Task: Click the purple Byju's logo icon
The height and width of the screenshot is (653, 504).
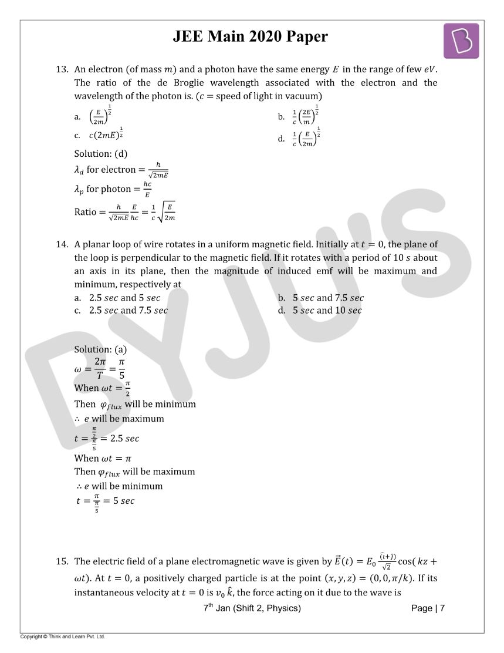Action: tap(461, 41)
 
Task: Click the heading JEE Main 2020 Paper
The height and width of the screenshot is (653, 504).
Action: tap(250, 36)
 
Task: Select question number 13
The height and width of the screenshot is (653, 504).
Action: tap(63, 69)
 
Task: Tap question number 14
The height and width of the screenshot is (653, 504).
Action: tap(63, 244)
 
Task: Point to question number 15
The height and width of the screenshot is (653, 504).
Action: tap(63, 561)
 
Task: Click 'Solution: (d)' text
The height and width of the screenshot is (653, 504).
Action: tap(100, 154)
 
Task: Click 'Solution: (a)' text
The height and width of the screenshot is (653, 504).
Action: tap(100, 349)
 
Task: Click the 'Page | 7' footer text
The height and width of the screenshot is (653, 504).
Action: tap(428, 608)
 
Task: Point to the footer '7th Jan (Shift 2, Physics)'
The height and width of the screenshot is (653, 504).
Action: tap(252, 608)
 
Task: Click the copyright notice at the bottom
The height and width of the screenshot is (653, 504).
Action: tap(62, 637)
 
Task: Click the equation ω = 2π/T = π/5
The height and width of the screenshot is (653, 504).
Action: tap(100, 369)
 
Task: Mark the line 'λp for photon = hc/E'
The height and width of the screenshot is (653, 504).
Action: tap(112, 190)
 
